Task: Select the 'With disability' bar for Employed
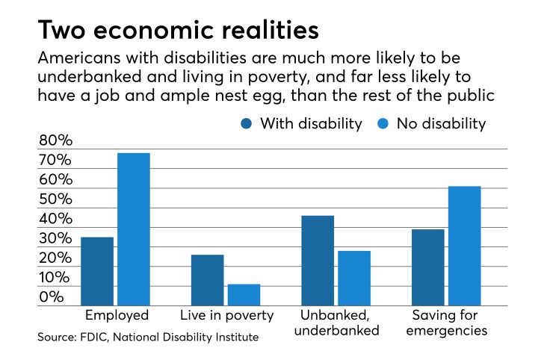point(97,271)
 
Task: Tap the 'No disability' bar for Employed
point(133,229)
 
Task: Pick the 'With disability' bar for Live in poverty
point(207,280)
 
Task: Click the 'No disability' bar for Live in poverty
point(244,295)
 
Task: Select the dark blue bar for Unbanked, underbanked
point(318,261)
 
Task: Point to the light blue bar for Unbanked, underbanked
point(353,278)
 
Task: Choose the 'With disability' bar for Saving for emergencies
point(427,267)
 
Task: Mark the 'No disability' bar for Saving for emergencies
point(464,246)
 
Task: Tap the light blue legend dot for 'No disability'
point(378,123)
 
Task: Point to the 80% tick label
point(55,140)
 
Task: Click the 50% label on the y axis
point(55,199)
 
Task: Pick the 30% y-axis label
point(55,238)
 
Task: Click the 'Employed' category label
point(117,315)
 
